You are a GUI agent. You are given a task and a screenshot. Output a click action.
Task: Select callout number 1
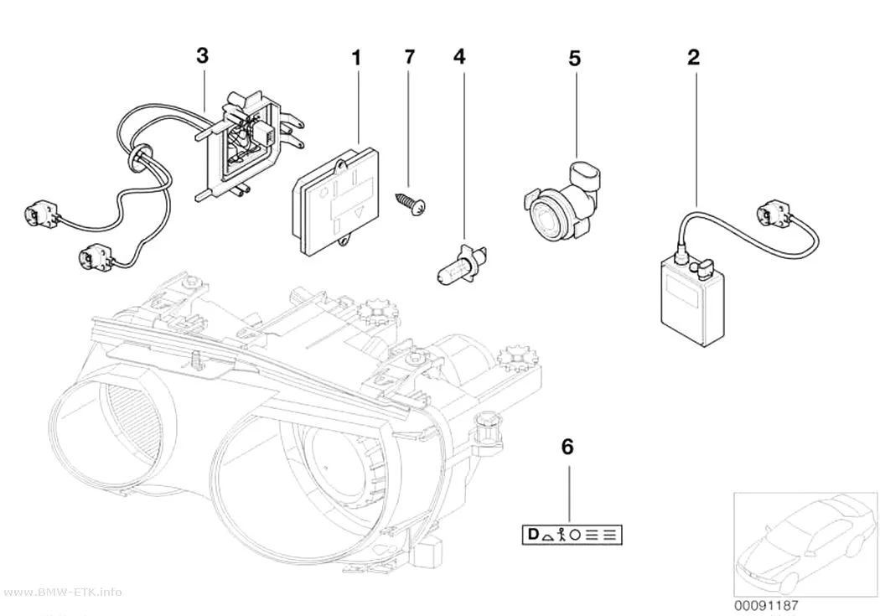pyautogui.click(x=356, y=58)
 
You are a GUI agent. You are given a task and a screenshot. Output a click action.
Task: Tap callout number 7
pyautogui.click(x=410, y=57)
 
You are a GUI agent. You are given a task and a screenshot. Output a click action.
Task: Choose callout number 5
pyautogui.click(x=574, y=59)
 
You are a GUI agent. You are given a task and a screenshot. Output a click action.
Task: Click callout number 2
pyautogui.click(x=694, y=57)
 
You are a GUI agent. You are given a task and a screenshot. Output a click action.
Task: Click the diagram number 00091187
pyautogui.click(x=766, y=606)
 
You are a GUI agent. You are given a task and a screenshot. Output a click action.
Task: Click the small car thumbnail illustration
pyautogui.click(x=805, y=544)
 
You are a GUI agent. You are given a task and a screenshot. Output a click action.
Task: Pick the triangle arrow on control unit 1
pyautogui.click(x=359, y=211)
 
